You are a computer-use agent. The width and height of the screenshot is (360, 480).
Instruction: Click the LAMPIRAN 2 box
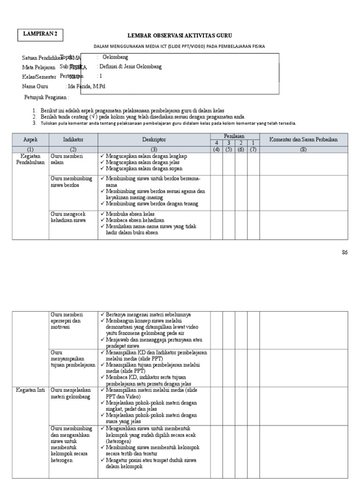click(x=43, y=34)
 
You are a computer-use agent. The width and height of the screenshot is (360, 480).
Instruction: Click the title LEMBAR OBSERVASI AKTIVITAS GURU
click(x=180, y=36)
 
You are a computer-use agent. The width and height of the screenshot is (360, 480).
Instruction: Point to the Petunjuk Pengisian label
click(x=46, y=97)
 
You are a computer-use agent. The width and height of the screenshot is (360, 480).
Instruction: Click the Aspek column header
click(x=30, y=140)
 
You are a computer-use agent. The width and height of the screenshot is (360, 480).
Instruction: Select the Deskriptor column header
click(x=154, y=140)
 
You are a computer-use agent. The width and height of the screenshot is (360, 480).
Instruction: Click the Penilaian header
click(x=234, y=136)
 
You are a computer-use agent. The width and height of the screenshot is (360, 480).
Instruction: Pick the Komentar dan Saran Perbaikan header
click(x=303, y=140)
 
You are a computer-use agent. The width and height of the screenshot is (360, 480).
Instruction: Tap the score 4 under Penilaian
click(x=217, y=143)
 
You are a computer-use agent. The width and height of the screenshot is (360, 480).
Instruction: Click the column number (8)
click(x=303, y=150)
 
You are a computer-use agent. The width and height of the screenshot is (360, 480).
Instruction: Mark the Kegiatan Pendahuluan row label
click(x=30, y=159)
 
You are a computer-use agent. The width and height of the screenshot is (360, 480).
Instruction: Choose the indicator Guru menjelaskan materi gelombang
click(x=70, y=393)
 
